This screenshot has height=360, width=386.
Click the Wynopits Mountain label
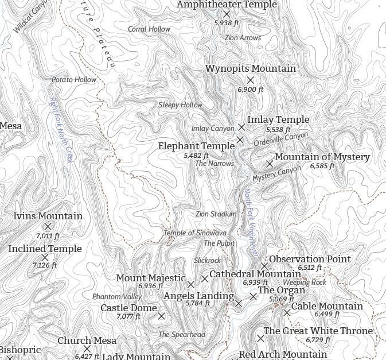pos(251,69)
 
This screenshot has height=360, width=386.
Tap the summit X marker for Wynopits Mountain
pos(250,80)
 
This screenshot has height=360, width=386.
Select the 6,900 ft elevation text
pos(251,90)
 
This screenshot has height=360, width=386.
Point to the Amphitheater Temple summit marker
pos(227,14)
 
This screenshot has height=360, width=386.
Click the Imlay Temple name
pos(278,120)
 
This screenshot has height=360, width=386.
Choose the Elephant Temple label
pos(196,146)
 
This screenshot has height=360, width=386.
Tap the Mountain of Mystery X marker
pos(270,164)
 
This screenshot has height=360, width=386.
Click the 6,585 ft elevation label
pos(322,166)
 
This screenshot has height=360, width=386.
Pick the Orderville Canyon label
pos(281,138)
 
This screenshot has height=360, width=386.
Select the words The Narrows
pos(215,164)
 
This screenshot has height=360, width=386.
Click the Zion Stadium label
pos(216,214)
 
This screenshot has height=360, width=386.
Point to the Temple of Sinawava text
pos(195,233)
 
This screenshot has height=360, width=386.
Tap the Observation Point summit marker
pos(264,266)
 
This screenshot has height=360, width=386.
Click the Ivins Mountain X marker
pos(48,227)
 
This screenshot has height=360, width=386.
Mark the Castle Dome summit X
pos(161,316)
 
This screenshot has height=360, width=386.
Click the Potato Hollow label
pos(74,80)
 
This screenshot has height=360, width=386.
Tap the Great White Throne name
pos(318,331)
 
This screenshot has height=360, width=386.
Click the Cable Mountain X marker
pos(287,312)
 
